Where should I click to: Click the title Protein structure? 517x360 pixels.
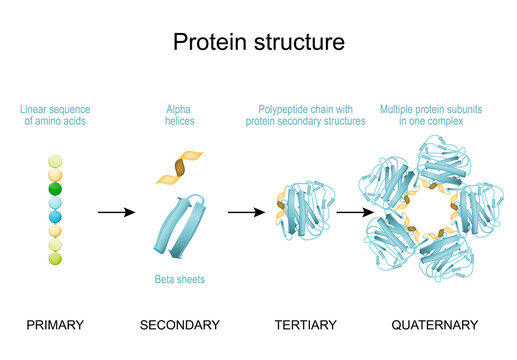tap(258, 42)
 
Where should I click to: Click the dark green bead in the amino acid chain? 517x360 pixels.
tap(56, 187)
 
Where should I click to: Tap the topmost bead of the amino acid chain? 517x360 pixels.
tap(56, 159)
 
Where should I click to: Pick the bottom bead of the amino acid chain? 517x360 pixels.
tap(56, 257)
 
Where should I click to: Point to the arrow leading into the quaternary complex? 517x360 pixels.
tap(349, 212)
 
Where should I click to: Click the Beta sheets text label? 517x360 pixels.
tap(179, 280)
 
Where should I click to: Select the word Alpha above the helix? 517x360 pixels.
tap(180, 107)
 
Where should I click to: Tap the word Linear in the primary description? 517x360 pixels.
tap(37, 107)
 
